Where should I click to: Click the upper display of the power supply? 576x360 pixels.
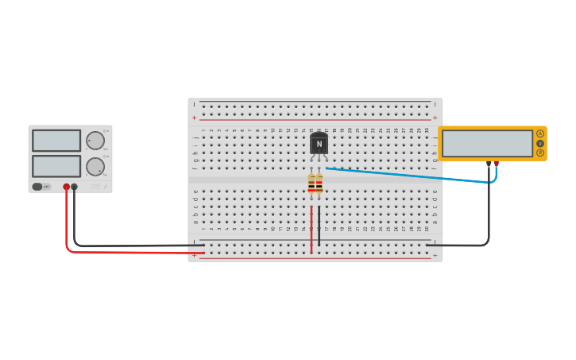point(56,141)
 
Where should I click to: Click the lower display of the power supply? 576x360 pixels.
point(56,166)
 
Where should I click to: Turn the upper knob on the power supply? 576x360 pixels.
point(95,141)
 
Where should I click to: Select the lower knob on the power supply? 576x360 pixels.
point(95,166)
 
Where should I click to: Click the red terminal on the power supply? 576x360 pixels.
point(67,187)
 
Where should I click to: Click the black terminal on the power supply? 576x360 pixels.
point(75,187)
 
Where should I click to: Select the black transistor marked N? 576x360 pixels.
point(319,144)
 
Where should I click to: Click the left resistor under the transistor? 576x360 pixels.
point(311,184)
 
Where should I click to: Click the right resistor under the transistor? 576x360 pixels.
point(319,184)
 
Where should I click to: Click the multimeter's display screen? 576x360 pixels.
point(487,144)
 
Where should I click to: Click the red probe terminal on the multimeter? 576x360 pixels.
point(497,164)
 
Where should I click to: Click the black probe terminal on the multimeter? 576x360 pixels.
point(489,164)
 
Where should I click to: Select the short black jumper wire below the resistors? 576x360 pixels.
point(319,226)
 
